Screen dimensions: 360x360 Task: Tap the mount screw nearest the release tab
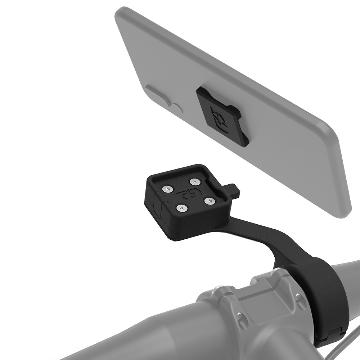click(195, 181)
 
